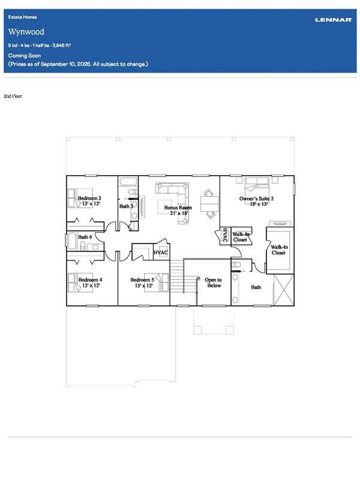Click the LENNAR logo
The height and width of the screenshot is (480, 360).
click(334, 20)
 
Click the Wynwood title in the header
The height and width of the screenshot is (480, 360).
click(26, 32)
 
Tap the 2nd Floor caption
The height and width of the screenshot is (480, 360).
click(13, 96)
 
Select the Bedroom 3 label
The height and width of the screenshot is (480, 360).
click(89, 198)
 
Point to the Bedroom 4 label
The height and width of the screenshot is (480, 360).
click(91, 280)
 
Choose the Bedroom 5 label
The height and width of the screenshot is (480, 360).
click(142, 280)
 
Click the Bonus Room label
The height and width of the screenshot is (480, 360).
click(178, 207)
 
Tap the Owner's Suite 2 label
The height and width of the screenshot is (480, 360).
click(257, 199)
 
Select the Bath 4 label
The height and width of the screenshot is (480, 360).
click(85, 236)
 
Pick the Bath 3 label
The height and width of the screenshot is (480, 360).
click(126, 206)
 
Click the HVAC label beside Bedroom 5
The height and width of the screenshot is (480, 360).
click(161, 253)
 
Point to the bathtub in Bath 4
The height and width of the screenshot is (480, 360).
click(72, 241)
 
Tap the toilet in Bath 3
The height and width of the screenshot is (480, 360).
click(133, 192)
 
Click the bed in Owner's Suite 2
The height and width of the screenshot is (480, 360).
click(257, 187)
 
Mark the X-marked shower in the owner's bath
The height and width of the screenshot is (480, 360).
click(283, 290)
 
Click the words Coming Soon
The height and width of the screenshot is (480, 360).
click(25, 55)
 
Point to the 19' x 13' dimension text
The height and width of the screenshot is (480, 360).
click(259, 204)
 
